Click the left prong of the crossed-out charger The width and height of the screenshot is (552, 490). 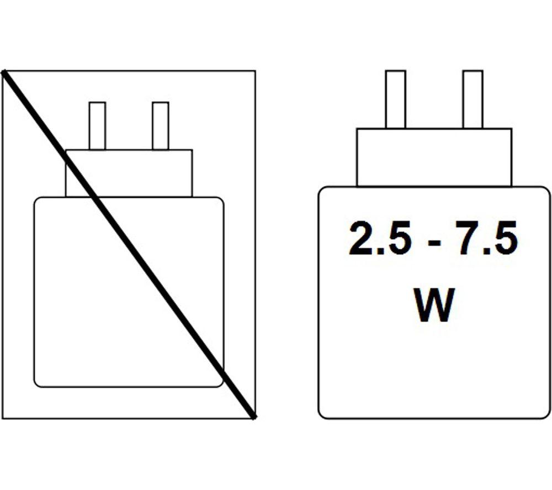coord(97,126)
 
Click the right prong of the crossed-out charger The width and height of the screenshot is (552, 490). coord(161,126)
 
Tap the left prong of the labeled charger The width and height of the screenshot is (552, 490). coord(396,99)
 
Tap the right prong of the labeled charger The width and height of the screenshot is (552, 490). coord(473,99)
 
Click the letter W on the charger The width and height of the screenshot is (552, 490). coord(433,305)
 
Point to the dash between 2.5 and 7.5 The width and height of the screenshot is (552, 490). coord(434,243)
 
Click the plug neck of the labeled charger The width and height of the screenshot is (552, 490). coord(434,157)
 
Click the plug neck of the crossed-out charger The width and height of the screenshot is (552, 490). coord(129,173)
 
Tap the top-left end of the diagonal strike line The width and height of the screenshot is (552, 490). coord(3,72)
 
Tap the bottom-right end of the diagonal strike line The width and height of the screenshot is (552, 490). coord(253,417)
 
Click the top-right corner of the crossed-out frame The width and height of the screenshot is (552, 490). coord(255,71)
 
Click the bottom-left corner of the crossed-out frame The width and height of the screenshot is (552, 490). coord(2,419)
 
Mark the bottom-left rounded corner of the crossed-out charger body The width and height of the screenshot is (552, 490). coord(36,384)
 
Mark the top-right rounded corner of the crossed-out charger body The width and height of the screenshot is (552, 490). coord(221,200)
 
